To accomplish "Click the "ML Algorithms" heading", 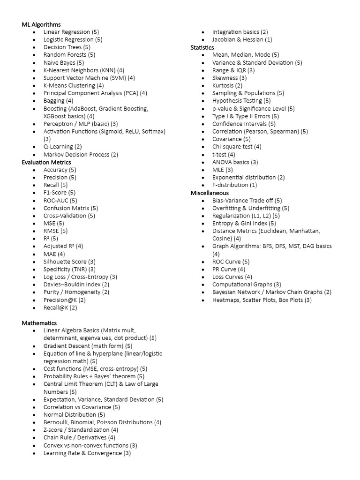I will [x=41, y=24].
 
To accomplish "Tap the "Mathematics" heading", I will [x=39, y=323].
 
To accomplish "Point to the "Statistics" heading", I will [x=202, y=47].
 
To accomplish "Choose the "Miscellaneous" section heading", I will [x=210, y=193].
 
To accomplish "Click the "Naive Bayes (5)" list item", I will [x=64, y=62].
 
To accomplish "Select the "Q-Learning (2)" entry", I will [x=62, y=147].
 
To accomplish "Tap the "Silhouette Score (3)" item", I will [x=69, y=262].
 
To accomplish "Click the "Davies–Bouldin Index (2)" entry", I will [x=76, y=285].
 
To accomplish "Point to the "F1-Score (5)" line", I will [x=60, y=193].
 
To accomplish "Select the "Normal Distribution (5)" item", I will [x=74, y=415].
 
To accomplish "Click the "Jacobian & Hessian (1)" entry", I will [x=242, y=39].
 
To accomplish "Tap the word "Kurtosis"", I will [x=223, y=85].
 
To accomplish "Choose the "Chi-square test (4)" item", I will [x=237, y=147].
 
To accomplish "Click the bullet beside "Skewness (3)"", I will [x=202, y=78].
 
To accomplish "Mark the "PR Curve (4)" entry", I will [x=229, y=270].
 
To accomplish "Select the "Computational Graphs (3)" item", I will [x=247, y=285].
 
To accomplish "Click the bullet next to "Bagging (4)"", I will [x=34, y=101].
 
